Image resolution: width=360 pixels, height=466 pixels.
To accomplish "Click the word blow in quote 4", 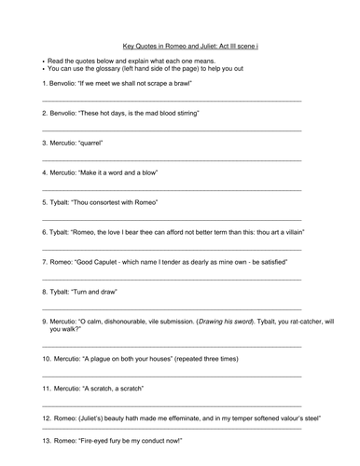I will [147, 172].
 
